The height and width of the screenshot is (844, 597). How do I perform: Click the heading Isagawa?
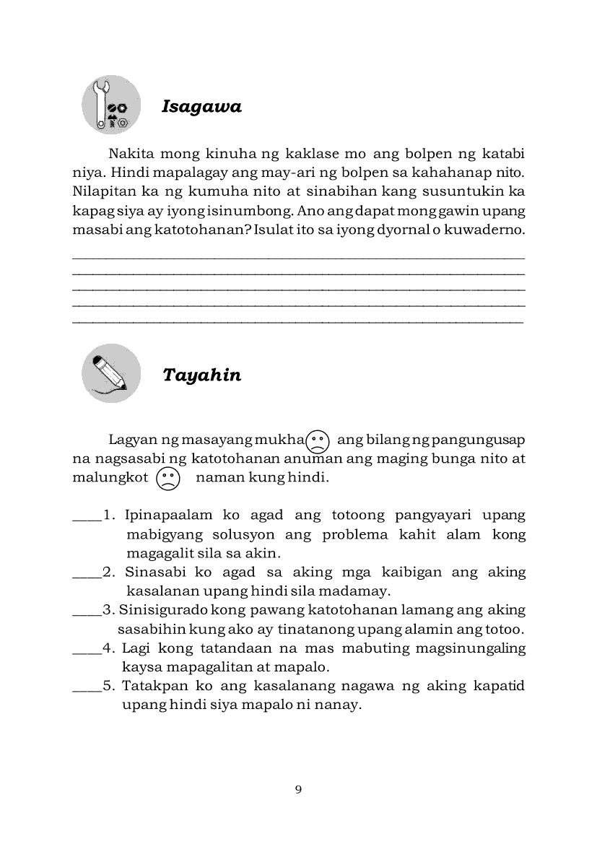[x=201, y=107]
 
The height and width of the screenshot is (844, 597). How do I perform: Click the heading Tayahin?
[x=201, y=375]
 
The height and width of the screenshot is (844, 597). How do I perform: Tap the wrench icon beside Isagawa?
[x=110, y=105]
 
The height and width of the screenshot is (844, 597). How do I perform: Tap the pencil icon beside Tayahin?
[x=111, y=373]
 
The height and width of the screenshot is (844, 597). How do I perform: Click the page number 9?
[x=298, y=788]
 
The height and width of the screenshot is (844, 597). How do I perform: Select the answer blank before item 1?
[x=87, y=518]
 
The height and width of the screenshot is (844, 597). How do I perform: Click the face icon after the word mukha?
[x=318, y=440]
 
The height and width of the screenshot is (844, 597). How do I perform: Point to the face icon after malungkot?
[x=167, y=479]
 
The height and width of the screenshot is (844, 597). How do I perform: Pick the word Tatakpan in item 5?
[x=147, y=686]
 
